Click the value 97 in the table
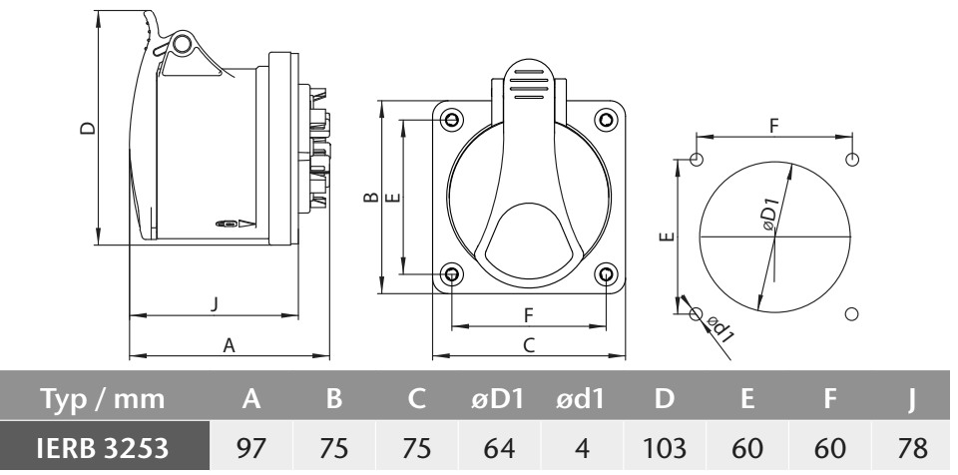coord(251,447)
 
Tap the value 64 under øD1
coord(499,447)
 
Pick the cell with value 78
coord(912,447)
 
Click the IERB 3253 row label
coord(103,447)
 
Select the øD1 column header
coord(499,399)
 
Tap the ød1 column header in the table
coord(581,399)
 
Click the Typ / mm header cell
coord(103,399)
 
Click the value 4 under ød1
coord(582,447)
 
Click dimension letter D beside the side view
coord(88,128)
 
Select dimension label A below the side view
coord(230,346)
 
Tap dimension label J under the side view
coord(214,303)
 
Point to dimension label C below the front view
coord(529,345)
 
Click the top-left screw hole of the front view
coord(451,119)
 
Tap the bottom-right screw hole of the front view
coord(606,273)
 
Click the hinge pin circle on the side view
coord(181,44)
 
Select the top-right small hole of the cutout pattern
coord(852,160)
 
